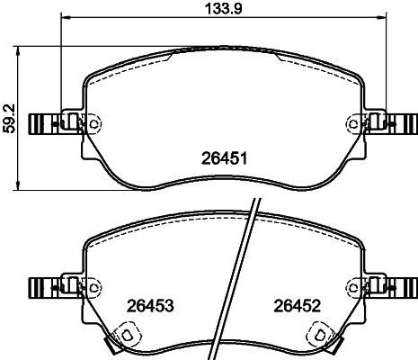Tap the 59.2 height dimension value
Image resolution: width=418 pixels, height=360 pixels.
(x=9, y=116)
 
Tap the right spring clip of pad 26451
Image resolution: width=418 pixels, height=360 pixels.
(x=403, y=123)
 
